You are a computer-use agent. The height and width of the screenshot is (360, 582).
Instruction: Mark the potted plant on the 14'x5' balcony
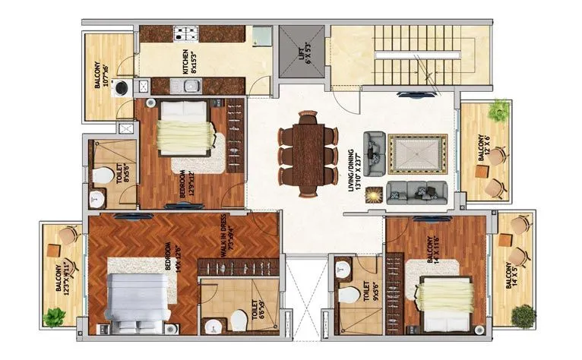click(522, 314)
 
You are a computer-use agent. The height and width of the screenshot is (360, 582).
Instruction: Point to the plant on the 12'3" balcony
click(55, 317)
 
